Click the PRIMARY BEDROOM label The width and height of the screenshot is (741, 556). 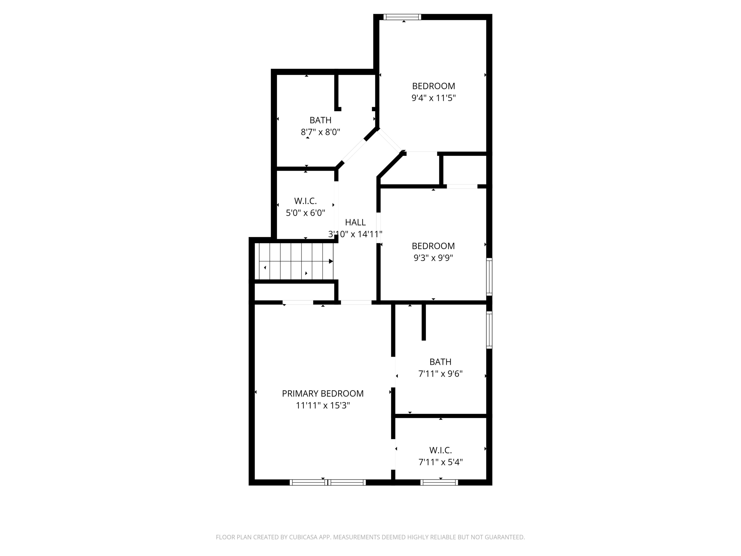323,394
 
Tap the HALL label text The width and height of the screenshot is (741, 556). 355,222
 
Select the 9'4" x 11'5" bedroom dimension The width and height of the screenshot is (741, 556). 434,98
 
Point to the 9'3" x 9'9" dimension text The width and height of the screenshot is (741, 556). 433,258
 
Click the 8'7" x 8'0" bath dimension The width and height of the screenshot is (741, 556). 320,132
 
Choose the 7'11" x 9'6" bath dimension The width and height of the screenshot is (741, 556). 440,373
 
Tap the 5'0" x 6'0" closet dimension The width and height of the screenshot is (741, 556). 305,213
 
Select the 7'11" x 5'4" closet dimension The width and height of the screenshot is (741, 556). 441,462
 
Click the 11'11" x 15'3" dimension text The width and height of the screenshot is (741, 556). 323,405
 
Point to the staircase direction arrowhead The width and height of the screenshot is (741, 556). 331,261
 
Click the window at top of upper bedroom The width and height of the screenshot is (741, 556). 402,17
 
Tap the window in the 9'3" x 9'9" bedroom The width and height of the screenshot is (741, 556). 489,277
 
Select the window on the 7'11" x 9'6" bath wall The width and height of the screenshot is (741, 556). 489,330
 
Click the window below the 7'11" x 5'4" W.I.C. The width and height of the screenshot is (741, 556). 439,482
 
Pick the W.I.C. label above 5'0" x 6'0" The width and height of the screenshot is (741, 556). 305,201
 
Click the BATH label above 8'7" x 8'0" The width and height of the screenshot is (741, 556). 320,120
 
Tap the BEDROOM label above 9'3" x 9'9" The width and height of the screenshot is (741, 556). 433,246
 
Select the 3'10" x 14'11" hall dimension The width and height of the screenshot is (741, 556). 355,234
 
